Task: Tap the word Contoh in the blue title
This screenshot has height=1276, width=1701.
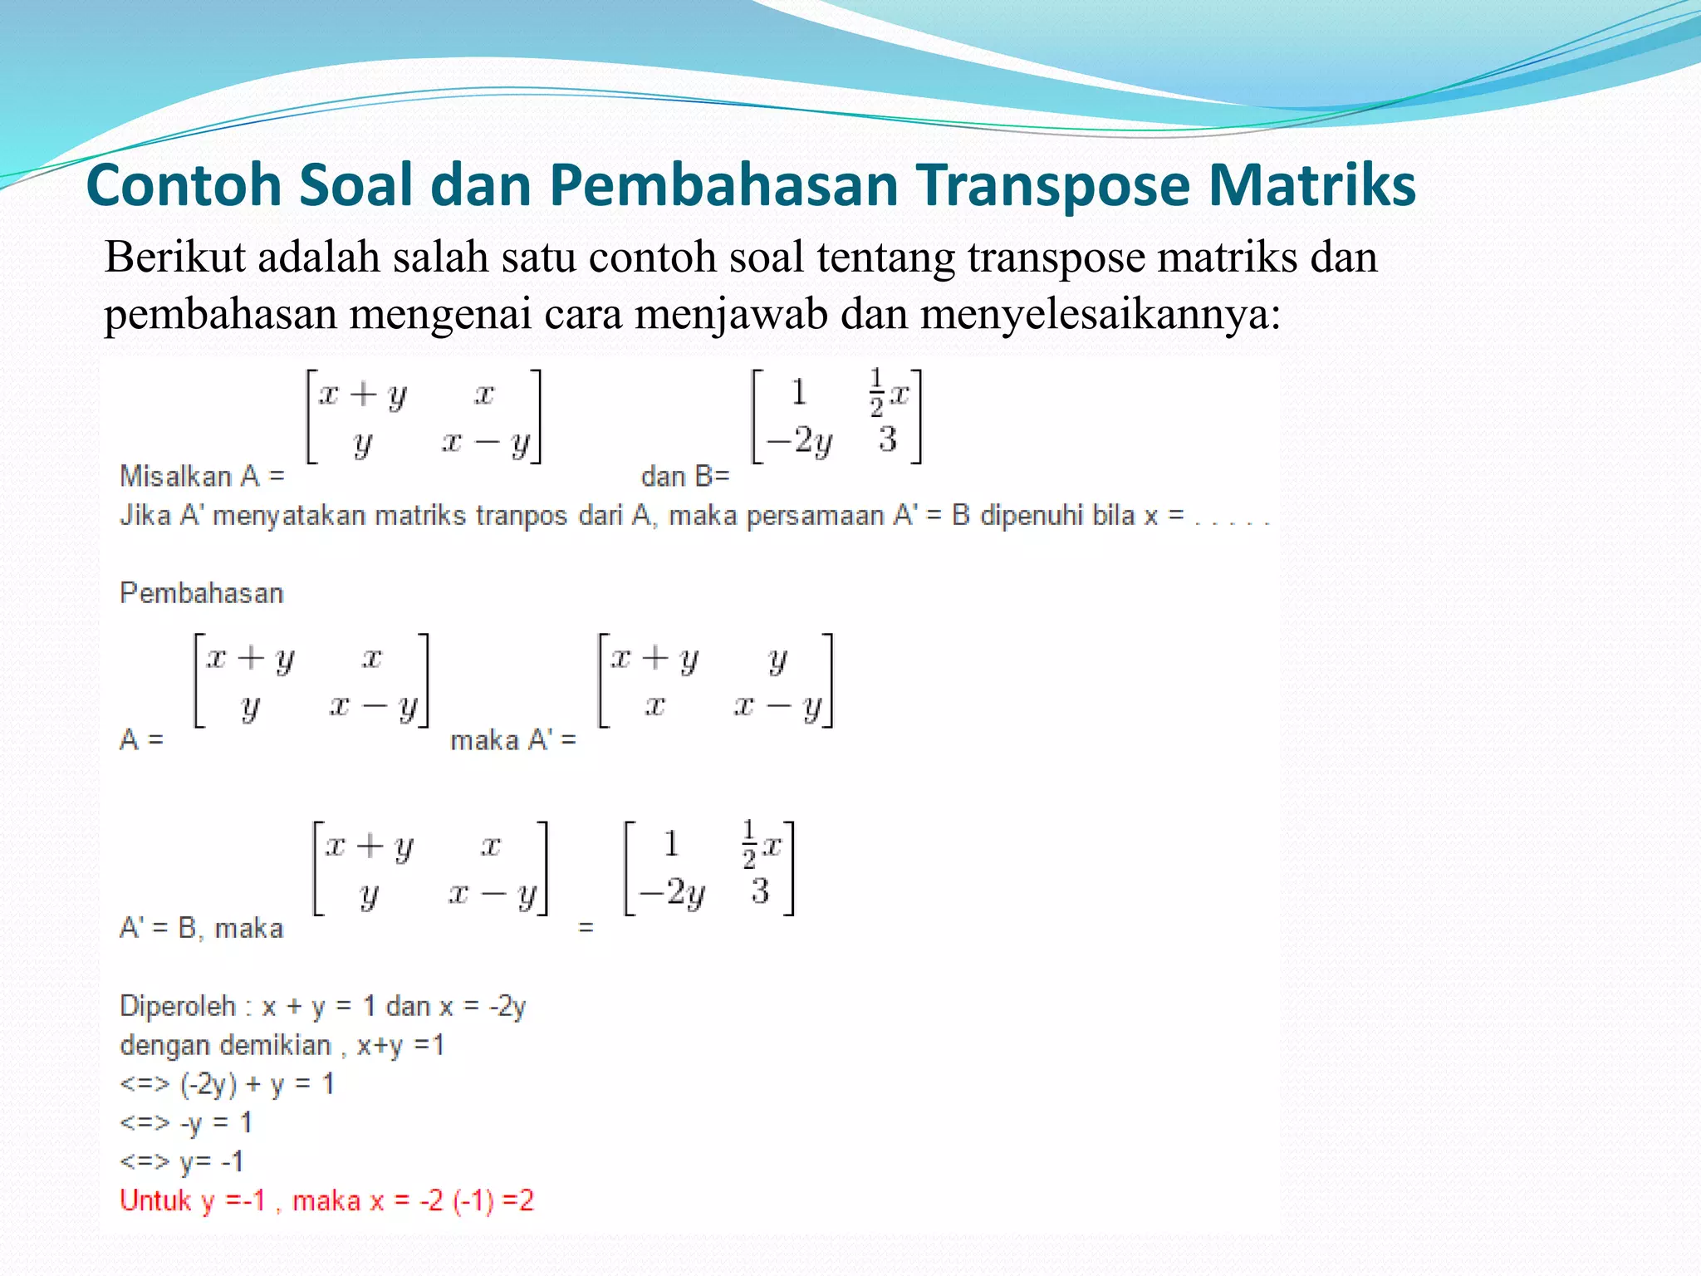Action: [x=184, y=184]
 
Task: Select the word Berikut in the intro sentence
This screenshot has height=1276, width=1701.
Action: [x=174, y=258]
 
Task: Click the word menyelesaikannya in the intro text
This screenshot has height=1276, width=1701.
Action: [x=1101, y=315]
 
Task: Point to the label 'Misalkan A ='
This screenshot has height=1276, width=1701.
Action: [x=202, y=477]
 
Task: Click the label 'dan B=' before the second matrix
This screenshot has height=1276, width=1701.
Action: [x=684, y=477]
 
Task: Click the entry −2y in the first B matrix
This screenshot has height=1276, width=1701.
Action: [x=798, y=440]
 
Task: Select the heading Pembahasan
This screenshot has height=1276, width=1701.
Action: [x=202, y=593]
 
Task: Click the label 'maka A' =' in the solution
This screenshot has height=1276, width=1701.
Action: [x=512, y=740]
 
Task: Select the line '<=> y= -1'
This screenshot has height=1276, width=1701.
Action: [x=182, y=1161]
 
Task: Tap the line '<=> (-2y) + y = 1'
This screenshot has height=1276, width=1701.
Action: [x=227, y=1084]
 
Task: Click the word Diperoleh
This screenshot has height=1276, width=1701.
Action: [x=178, y=1007]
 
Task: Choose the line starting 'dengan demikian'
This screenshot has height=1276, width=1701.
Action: [x=282, y=1045]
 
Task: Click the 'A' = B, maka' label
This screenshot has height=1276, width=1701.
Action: [x=201, y=928]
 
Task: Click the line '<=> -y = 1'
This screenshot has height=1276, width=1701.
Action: [x=185, y=1123]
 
